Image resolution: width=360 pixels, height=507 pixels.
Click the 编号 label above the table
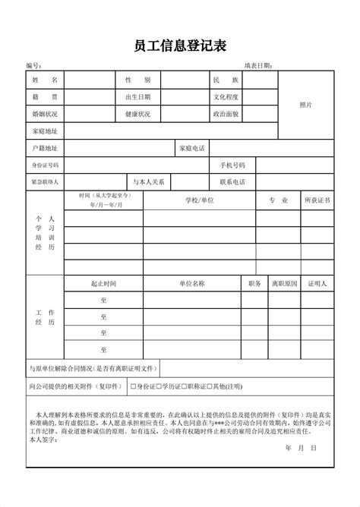pyautogui.click(x=32, y=66)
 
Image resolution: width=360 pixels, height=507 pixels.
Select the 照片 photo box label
pyautogui.click(x=306, y=105)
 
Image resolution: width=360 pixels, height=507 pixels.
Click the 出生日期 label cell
pyautogui.click(x=137, y=97)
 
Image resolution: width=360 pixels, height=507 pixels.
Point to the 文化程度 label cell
pyautogui.click(x=226, y=97)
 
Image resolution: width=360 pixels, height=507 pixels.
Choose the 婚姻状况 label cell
pyautogui.click(x=45, y=114)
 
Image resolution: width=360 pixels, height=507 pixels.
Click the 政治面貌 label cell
pyautogui.click(x=226, y=114)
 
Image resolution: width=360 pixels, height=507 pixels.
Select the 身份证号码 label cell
pyautogui.click(x=45, y=165)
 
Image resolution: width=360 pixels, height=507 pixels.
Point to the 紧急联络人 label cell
pyautogui.click(x=45, y=182)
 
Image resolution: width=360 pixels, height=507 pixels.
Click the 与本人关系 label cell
pyautogui.click(x=149, y=182)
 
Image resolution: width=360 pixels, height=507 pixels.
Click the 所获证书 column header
pyautogui.click(x=317, y=200)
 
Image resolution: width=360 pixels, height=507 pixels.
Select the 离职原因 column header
pyautogui.click(x=284, y=283)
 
